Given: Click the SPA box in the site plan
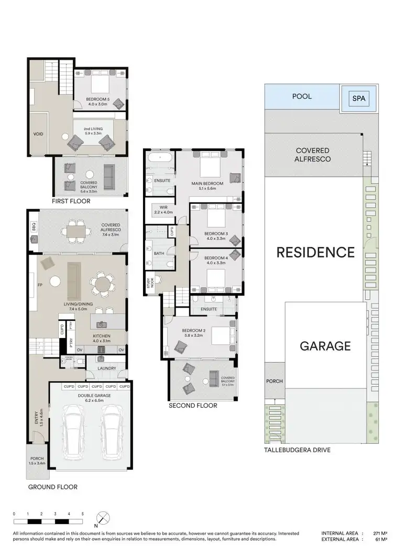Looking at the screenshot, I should pos(359,98).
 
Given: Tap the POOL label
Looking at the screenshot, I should pos(302,96).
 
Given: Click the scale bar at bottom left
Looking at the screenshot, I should pos(48,521).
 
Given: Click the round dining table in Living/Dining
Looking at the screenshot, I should pos(102,285).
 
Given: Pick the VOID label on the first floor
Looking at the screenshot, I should pos(38,134).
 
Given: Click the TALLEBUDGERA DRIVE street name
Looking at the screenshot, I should pos(298,450).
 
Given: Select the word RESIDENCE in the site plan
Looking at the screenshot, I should pos(315,253).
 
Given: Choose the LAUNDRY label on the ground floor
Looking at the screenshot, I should pos(106,367).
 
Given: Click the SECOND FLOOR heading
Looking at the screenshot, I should pos(192,405).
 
